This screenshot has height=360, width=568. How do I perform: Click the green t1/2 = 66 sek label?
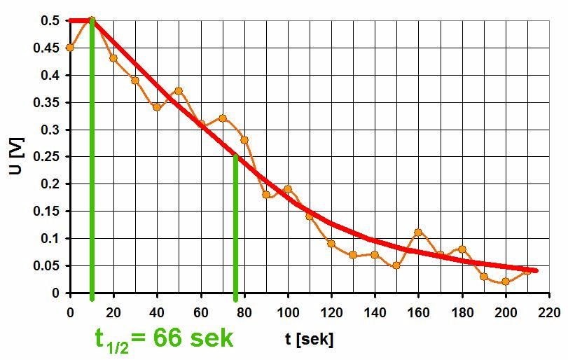[164, 338]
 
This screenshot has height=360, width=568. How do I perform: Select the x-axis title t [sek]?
[309, 340]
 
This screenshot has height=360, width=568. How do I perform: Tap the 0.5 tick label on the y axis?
[50, 21]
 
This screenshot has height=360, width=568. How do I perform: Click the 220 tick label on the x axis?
[549, 310]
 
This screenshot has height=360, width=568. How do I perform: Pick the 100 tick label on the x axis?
[288, 310]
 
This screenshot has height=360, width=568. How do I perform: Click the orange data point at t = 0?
[70, 48]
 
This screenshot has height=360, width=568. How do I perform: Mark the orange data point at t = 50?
[179, 91]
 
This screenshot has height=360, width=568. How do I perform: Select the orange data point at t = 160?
[418, 233]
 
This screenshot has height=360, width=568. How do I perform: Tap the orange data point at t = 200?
[506, 282]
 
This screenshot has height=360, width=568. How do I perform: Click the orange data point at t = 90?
[266, 195]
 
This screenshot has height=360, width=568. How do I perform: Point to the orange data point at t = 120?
[331, 244]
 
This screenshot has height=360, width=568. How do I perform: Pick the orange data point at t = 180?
[462, 249]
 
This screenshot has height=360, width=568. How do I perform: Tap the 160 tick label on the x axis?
[418, 310]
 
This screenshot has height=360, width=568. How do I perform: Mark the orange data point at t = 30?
[135, 81]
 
